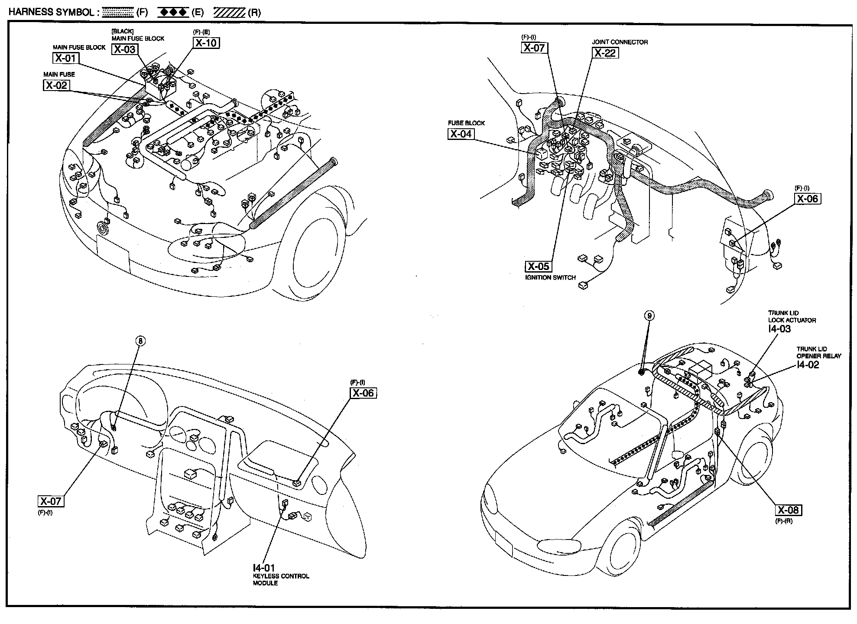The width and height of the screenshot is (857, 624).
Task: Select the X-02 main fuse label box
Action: click(x=56, y=85)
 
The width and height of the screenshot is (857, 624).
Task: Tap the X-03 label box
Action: click(x=125, y=49)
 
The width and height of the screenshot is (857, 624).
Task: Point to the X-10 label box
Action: click(x=206, y=43)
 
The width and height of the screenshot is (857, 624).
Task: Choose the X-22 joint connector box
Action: click(x=605, y=53)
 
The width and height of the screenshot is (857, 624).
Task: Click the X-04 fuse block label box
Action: click(x=461, y=134)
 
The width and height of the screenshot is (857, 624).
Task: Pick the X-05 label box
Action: click(x=538, y=266)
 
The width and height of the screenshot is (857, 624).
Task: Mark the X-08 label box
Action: click(x=788, y=510)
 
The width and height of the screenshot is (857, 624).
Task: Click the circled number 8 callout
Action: click(x=141, y=341)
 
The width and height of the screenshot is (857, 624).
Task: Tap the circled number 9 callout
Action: click(x=649, y=316)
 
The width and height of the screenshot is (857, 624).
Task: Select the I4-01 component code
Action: click(x=264, y=567)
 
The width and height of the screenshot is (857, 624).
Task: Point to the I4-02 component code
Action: click(x=808, y=365)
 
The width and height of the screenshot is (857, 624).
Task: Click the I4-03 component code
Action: click(x=779, y=329)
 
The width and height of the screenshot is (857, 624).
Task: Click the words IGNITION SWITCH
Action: click(x=550, y=278)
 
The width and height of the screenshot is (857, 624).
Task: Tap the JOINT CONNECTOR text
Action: click(x=620, y=42)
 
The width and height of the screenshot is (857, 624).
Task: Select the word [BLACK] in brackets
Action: click(x=123, y=31)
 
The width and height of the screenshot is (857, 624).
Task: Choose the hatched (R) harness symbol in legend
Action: click(x=230, y=13)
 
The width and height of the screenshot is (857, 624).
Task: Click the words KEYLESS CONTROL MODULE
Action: click(x=281, y=580)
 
